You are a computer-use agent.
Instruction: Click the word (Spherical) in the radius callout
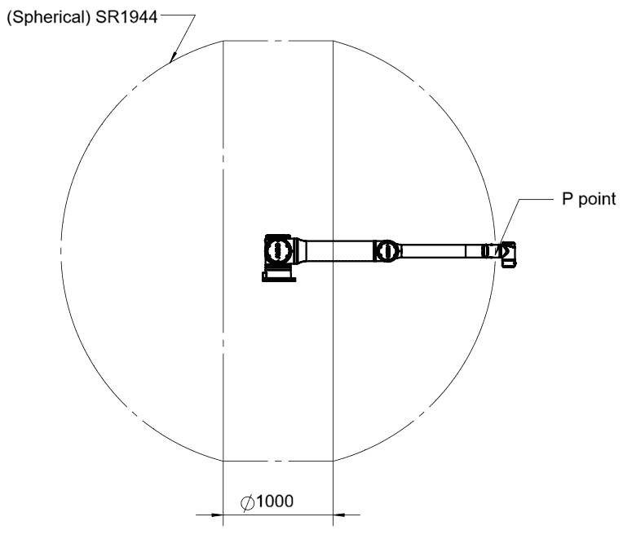click(x=49, y=17)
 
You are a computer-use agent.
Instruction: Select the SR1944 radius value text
click(x=126, y=17)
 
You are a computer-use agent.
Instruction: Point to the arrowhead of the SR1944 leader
click(x=172, y=58)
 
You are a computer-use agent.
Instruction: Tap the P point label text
click(x=589, y=199)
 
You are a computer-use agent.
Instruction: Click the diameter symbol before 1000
click(x=248, y=503)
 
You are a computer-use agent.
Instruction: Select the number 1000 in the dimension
click(x=275, y=501)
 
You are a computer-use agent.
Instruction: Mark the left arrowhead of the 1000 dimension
click(x=217, y=515)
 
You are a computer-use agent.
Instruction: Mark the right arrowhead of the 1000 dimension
click(x=339, y=515)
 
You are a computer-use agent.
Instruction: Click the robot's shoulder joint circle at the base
click(x=278, y=250)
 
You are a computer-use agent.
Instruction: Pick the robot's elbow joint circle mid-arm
click(x=387, y=251)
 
